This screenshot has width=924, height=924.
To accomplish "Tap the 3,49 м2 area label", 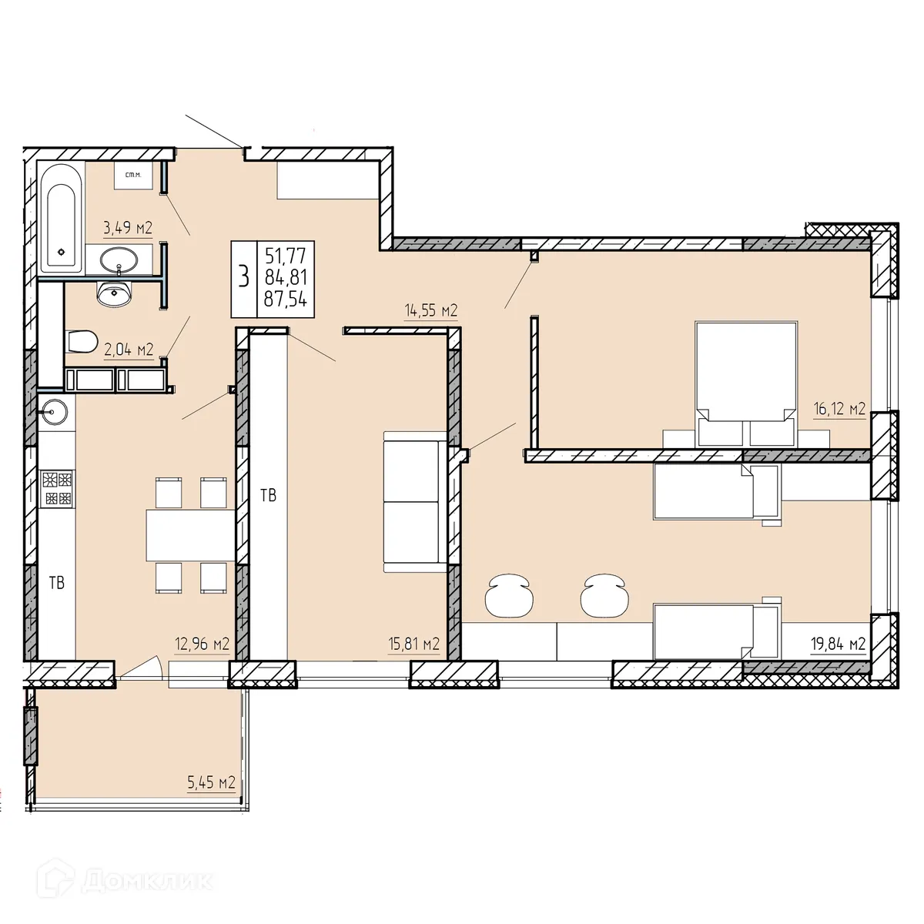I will point(128,227).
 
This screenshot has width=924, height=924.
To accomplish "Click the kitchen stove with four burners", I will point(58,489).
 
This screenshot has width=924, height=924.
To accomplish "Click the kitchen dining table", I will point(190,535).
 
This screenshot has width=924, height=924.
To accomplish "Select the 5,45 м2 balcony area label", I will point(210,783).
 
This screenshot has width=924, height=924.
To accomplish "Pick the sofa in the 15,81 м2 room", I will point(414,502).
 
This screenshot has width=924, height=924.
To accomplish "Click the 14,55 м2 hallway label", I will point(431,311).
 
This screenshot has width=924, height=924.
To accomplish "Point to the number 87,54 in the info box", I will point(285,300).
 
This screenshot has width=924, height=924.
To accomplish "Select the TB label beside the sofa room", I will point(268,495).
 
